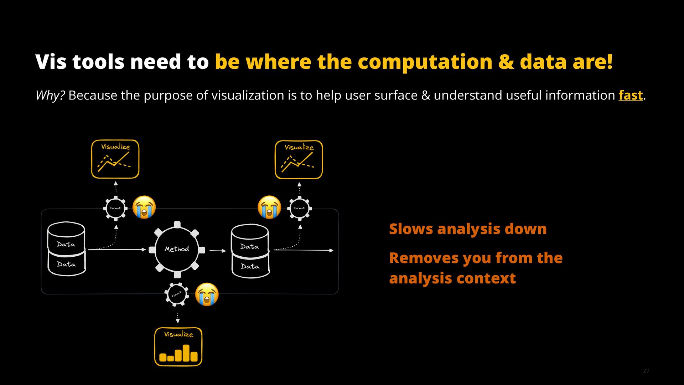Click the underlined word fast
(x=631, y=96)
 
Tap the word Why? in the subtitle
(x=50, y=96)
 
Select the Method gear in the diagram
(x=177, y=249)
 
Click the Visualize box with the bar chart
(x=178, y=346)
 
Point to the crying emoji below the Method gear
(x=207, y=294)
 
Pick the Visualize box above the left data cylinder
(x=115, y=159)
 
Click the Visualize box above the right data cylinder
(x=299, y=160)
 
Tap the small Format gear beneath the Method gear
(x=177, y=294)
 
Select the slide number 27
(x=646, y=371)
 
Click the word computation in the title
(x=425, y=62)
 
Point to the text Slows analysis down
(x=467, y=229)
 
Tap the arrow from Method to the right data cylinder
(x=218, y=251)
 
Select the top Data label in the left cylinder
(x=66, y=244)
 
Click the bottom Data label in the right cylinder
(x=250, y=266)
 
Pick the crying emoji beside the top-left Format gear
(x=144, y=207)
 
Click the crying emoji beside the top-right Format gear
(x=269, y=207)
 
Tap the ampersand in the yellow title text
(x=506, y=62)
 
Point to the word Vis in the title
(x=51, y=62)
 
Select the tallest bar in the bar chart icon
(x=186, y=353)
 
